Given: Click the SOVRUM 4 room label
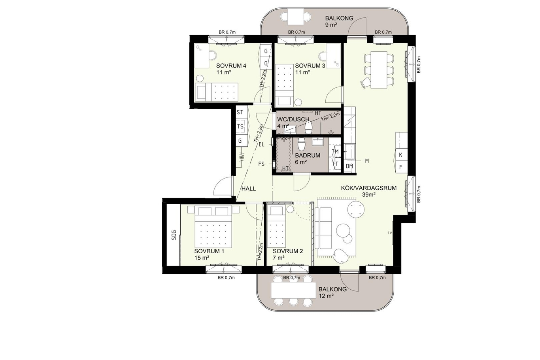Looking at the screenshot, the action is coord(231,66).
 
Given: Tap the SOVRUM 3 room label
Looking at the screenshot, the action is coord(310,66).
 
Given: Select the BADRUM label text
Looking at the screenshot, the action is coord(308,155).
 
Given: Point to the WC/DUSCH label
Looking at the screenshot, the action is coord(293,119).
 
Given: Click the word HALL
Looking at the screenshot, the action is coord(249,188).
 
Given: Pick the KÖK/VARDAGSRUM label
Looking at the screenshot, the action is coord(369,188).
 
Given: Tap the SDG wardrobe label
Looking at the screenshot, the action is coord(174,235).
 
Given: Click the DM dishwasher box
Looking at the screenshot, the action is coord(349,166).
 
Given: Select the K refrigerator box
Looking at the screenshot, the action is coord(401,155).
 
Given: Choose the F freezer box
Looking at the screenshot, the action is coord(401,167).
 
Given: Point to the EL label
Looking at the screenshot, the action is coord(262,145).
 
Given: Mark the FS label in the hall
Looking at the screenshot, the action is coord(261,164).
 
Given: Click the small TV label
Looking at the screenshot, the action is coord(389,233).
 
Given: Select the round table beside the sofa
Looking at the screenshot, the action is coord(355,209).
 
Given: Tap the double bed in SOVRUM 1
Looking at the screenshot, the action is coord(213,226).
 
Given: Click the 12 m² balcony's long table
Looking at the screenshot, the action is coord(293,290).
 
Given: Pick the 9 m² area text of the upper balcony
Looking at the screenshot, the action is coord(331,25).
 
